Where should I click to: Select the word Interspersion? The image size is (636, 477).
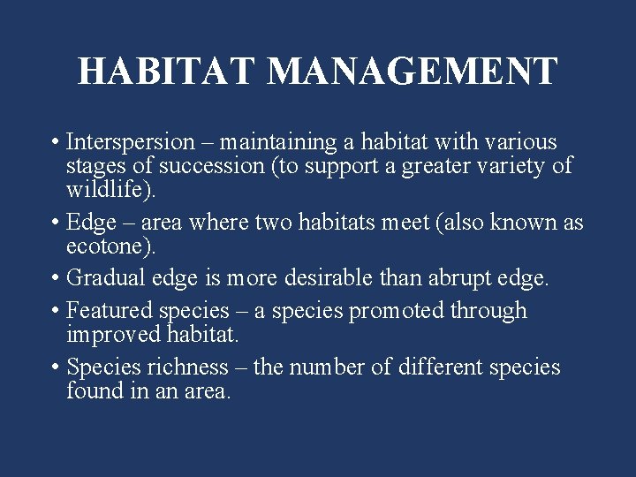pos(130,142)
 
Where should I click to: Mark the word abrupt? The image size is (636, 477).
pos(458,279)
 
